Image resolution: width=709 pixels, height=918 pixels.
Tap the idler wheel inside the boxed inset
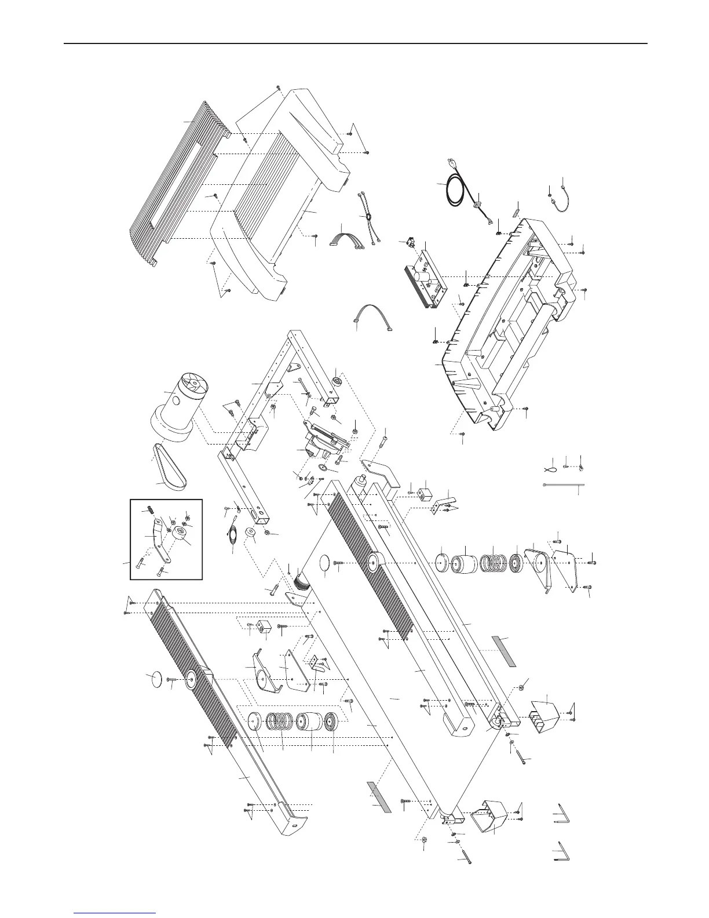[182, 534]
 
